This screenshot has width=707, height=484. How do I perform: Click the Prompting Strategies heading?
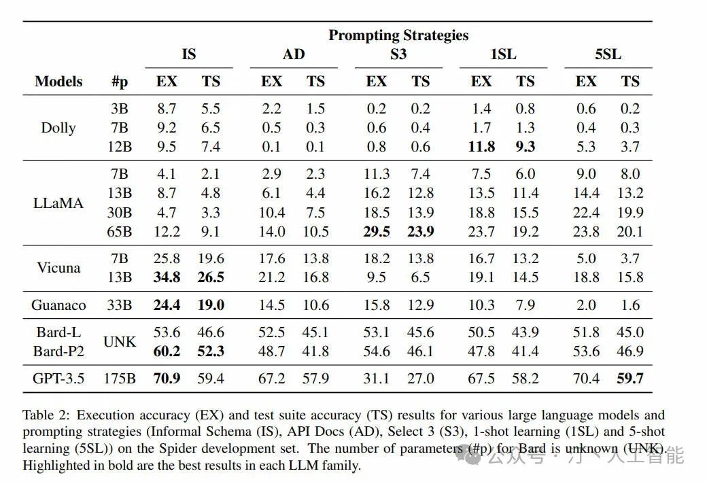[x=398, y=35]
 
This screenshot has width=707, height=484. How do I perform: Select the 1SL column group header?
[x=503, y=54]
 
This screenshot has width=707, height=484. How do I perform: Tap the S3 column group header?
[x=398, y=54]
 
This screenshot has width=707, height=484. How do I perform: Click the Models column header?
[x=58, y=82]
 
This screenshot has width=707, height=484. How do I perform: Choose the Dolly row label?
[x=58, y=128]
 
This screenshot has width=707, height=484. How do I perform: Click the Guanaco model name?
[x=58, y=305]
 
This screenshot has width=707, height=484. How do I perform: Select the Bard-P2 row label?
[x=58, y=351]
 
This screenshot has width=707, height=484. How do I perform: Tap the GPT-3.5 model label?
[x=58, y=379]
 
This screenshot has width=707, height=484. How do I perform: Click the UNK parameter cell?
[x=120, y=342]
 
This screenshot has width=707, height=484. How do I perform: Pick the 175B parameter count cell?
[x=120, y=379]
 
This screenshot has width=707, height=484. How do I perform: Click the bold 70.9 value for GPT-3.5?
[x=167, y=379]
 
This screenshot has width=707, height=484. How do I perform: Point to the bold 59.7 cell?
[x=630, y=379]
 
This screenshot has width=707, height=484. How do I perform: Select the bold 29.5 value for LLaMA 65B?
[x=377, y=232]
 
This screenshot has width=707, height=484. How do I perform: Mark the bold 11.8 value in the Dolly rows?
[x=481, y=147]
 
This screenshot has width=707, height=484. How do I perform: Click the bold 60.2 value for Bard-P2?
[x=167, y=351]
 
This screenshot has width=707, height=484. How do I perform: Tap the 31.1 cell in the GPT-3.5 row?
[x=377, y=379]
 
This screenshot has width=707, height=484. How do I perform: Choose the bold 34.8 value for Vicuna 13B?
[x=167, y=277]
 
